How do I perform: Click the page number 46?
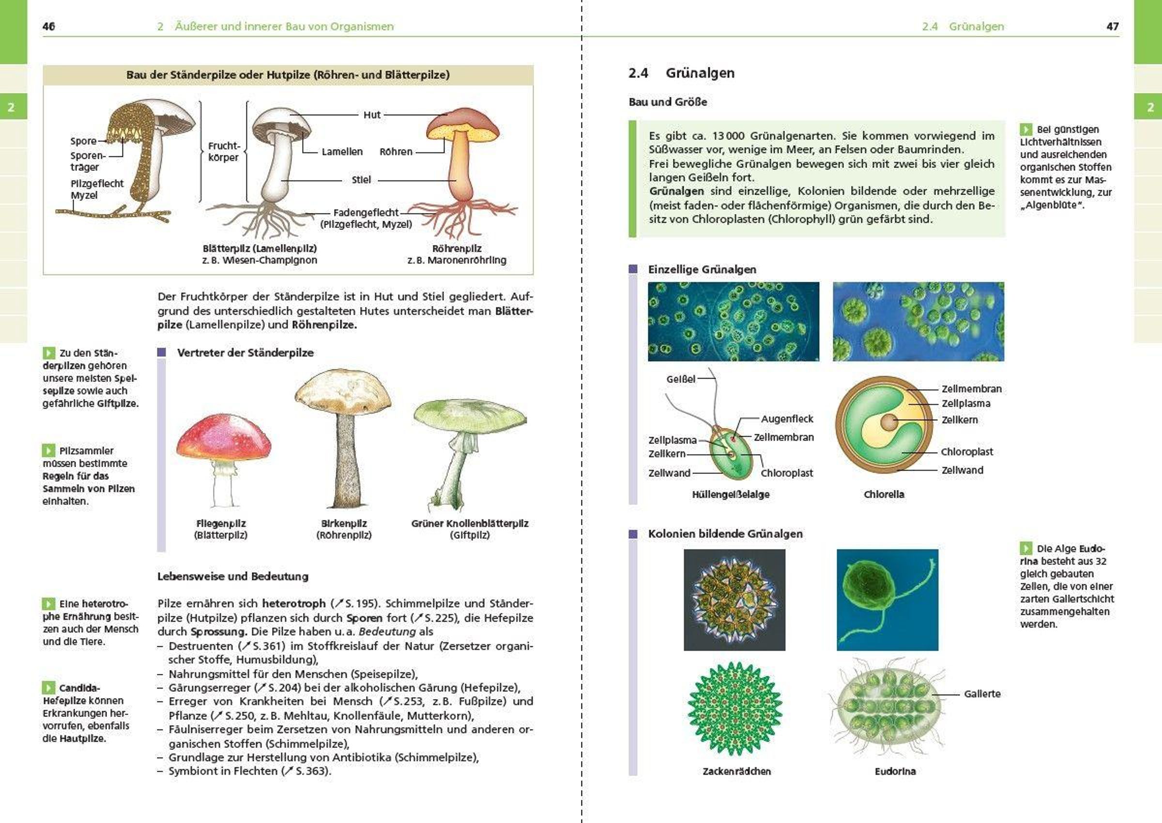tap(48, 26)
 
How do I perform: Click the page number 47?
tap(1112, 26)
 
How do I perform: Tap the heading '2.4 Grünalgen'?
tap(681, 73)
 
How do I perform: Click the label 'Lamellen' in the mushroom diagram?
tap(342, 152)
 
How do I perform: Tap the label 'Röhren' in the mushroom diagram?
tap(396, 152)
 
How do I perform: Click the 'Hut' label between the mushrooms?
tap(371, 115)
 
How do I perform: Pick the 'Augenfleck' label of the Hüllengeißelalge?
tap(786, 419)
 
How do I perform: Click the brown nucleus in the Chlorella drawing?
tap(888, 421)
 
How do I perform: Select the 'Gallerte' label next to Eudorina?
tap(981, 694)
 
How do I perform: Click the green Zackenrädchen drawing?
tap(735, 708)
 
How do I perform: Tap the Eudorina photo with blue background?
tap(887, 599)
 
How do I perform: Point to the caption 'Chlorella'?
tap(883, 494)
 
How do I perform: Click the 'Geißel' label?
tap(681, 379)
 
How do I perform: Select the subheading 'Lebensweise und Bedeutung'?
tap(232, 576)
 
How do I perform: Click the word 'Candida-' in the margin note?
tap(79, 688)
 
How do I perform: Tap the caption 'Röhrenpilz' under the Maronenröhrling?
tap(457, 248)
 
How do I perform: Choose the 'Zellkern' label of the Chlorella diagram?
tap(959, 420)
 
